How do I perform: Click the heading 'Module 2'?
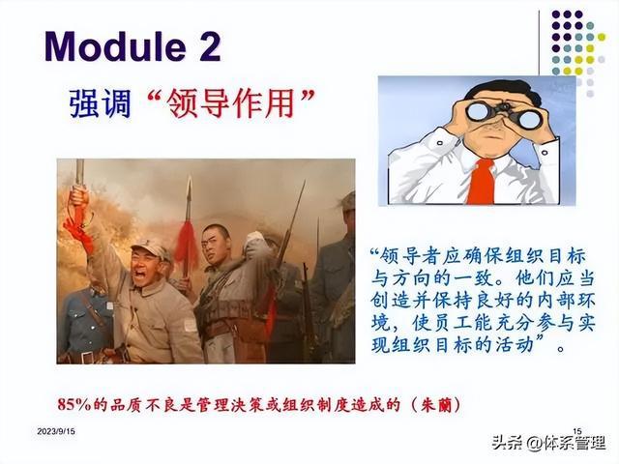point(133,46)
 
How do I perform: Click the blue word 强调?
point(100,103)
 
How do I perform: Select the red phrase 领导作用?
point(231,103)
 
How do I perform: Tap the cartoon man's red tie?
point(481,181)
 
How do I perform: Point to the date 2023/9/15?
point(56,431)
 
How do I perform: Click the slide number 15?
point(577,431)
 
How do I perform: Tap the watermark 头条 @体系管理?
point(548,443)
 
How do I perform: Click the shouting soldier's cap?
point(152,250)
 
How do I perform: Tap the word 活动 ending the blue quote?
point(513,345)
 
